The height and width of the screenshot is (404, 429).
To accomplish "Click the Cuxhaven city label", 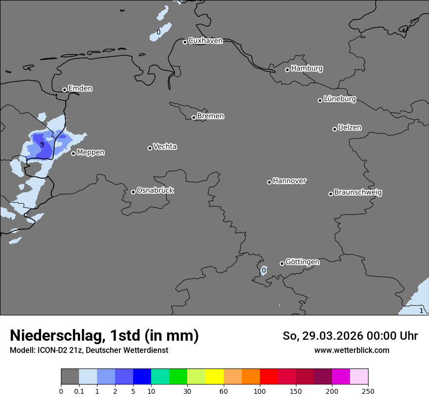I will click(x=205, y=41).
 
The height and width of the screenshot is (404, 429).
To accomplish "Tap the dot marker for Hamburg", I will click(x=288, y=70).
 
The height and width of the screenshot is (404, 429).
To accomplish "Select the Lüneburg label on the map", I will click(x=340, y=99).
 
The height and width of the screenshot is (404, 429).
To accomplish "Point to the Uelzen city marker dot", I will click(x=334, y=129).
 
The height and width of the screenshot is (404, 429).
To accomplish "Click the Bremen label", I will click(x=211, y=116).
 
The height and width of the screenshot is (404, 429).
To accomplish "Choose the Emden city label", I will click(x=80, y=89).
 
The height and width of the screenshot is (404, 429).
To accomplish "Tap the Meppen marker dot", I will click(x=73, y=153).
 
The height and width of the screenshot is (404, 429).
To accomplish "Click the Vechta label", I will click(x=165, y=147).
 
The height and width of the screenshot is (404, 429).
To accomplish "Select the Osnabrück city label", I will click(x=155, y=190).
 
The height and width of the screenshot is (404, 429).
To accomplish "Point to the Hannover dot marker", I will click(x=269, y=182).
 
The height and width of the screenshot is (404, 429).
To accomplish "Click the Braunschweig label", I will click(x=358, y=193).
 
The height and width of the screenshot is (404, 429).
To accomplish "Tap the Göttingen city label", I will click(x=302, y=262).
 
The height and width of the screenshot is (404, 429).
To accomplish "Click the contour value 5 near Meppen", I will click(x=42, y=145).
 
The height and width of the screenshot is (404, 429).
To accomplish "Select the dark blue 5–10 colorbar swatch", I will click(x=142, y=377).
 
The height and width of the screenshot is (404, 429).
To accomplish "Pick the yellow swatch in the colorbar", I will click(x=214, y=377).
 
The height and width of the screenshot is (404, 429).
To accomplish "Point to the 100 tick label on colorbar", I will click(x=259, y=391).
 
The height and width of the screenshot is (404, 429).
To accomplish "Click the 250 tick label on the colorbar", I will click(x=368, y=391).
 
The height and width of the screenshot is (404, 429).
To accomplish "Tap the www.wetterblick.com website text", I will click(x=351, y=350).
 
